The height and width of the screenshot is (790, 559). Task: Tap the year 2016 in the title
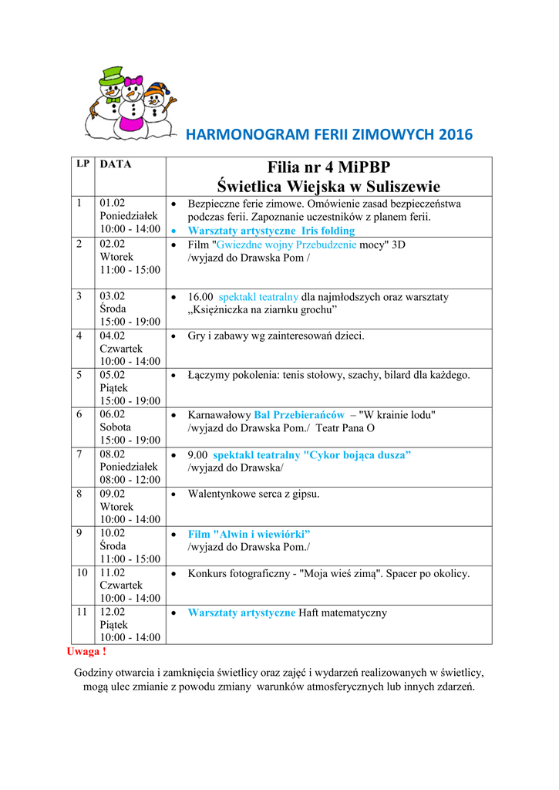(x=455, y=135)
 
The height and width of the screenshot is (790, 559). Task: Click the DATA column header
(x=116, y=164)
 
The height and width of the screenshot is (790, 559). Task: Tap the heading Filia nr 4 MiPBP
(x=328, y=167)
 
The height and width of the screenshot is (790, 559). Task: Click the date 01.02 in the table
(x=113, y=204)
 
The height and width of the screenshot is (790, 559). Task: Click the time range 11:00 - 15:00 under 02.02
(x=130, y=270)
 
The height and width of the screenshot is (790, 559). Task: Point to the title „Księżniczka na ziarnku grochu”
(x=262, y=309)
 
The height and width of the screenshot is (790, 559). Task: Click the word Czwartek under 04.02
(x=121, y=349)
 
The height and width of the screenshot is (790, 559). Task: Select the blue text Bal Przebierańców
(x=299, y=414)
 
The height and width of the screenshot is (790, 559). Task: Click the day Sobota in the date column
(x=116, y=427)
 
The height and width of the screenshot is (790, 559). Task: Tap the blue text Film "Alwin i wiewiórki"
(x=249, y=534)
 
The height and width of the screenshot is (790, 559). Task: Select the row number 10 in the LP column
(x=82, y=572)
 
